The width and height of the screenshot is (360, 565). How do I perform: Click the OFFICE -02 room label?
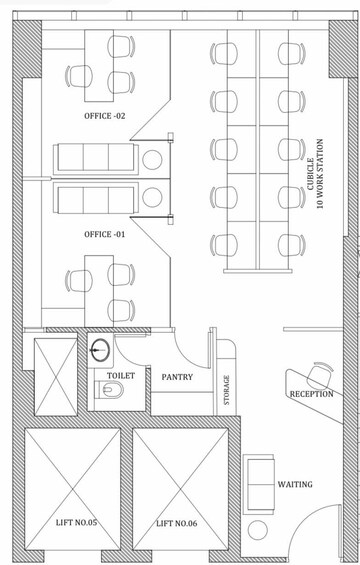pyautogui.click(x=105, y=116)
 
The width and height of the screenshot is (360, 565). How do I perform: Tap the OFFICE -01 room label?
pyautogui.click(x=105, y=235)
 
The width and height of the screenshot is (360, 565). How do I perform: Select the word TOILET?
pyautogui.click(x=121, y=375)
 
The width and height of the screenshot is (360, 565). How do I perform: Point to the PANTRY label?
pyautogui.click(x=177, y=377)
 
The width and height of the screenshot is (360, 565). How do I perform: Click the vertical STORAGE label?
pyautogui.click(x=226, y=390)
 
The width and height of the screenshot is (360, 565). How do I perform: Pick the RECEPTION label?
pyautogui.click(x=312, y=394)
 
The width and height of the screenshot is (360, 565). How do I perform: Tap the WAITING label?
pyautogui.click(x=295, y=484)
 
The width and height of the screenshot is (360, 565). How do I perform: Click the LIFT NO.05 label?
pyautogui.click(x=76, y=522)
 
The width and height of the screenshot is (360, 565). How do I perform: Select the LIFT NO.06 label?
pyautogui.click(x=177, y=523)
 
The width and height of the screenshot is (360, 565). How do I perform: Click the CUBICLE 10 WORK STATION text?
pyautogui.click(x=315, y=174)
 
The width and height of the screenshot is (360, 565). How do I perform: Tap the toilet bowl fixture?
pyautogui.click(x=109, y=389)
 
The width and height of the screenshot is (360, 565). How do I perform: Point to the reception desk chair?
pyautogui.click(x=320, y=375)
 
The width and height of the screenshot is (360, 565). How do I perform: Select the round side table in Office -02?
pyautogui.click(x=152, y=160)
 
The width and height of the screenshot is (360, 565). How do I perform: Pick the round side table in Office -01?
pyautogui.click(x=152, y=197)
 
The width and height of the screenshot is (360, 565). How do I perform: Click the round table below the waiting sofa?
pyautogui.click(x=258, y=530)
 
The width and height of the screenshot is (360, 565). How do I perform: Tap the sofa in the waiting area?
pyautogui.click(x=259, y=484)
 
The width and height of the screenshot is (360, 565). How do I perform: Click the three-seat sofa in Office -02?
pyautogui.click(x=96, y=159)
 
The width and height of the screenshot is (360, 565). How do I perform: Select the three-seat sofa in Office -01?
pyautogui.click(x=96, y=198)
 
